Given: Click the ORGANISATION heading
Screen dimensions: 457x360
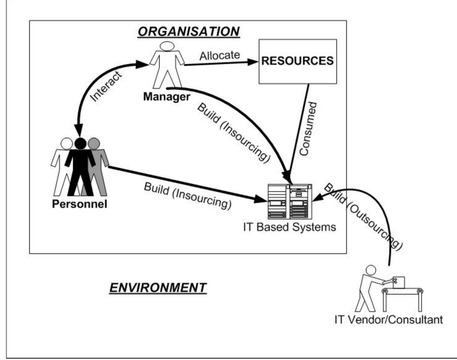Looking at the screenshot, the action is [188, 32].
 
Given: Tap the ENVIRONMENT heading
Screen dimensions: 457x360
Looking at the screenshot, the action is [158, 288].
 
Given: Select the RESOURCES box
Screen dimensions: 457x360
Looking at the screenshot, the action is [298, 61].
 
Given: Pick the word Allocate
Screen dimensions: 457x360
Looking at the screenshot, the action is [220, 56].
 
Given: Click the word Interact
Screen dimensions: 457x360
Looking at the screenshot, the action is [106, 86].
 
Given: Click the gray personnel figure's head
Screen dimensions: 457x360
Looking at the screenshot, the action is [94, 143].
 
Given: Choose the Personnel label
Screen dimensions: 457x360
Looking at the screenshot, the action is [80, 204].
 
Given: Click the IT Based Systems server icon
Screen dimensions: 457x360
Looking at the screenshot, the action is [290, 201].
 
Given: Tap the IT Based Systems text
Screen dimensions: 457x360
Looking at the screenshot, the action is [290, 227].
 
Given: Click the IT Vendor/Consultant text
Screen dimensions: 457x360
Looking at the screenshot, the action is [389, 319].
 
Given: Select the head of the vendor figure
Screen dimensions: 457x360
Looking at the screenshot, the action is [371, 270].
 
